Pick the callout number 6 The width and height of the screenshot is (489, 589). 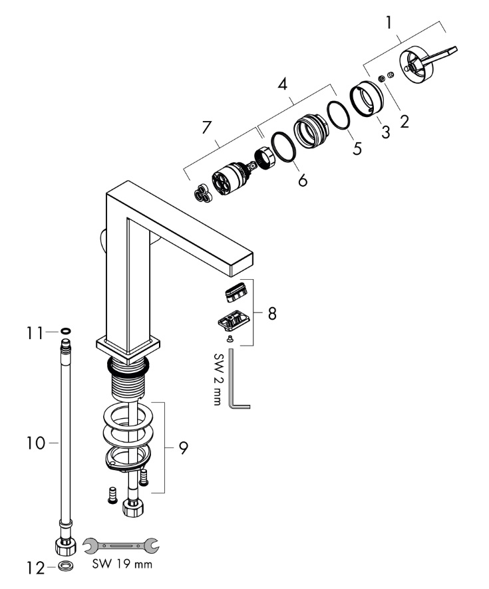pyautogui.click(x=303, y=180)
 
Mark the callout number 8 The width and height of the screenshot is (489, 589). pyautogui.click(x=271, y=313)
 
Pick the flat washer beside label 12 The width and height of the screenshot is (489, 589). pyautogui.click(x=66, y=567)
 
